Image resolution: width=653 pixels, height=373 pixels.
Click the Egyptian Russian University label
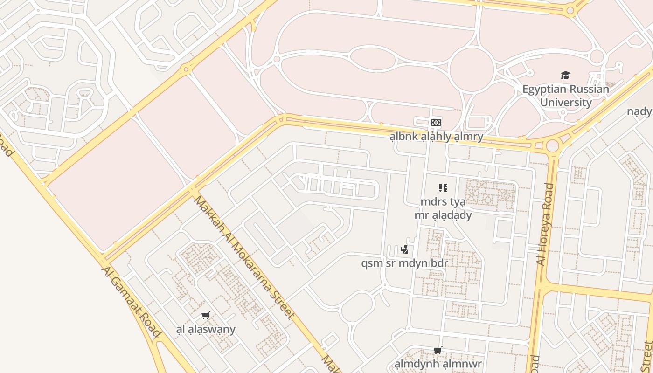pyautogui.click(x=565, y=96)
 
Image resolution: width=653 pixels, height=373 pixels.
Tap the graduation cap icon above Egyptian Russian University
pyautogui.click(x=565, y=75)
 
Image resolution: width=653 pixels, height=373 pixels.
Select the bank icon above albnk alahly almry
pyautogui.click(x=436, y=122)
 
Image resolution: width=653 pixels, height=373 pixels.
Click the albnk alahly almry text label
pyautogui.click(x=436, y=137)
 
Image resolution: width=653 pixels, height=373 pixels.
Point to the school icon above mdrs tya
pyautogui.click(x=443, y=188)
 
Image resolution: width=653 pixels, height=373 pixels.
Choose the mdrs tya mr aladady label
pyautogui.click(x=443, y=208)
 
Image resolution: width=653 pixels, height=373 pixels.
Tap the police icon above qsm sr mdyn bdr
pyautogui.click(x=404, y=249)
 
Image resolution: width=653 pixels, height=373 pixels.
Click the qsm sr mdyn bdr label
pyautogui.click(x=404, y=263)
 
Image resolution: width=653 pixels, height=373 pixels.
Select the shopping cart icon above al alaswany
pyautogui.click(x=206, y=315)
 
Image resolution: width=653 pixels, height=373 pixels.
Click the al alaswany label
pyautogui.click(x=206, y=329)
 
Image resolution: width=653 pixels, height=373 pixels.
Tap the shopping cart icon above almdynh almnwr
pyautogui.click(x=438, y=350)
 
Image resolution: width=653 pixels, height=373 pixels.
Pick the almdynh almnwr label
pyautogui.click(x=438, y=364)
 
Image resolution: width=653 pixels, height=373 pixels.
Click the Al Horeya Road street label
pyautogui.click(x=545, y=224)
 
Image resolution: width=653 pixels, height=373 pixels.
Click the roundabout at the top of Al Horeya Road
pyautogui.click(x=553, y=145)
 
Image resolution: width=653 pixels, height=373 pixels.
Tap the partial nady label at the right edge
pyautogui.click(x=639, y=111)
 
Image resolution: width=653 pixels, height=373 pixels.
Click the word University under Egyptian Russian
pyautogui.click(x=565, y=103)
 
